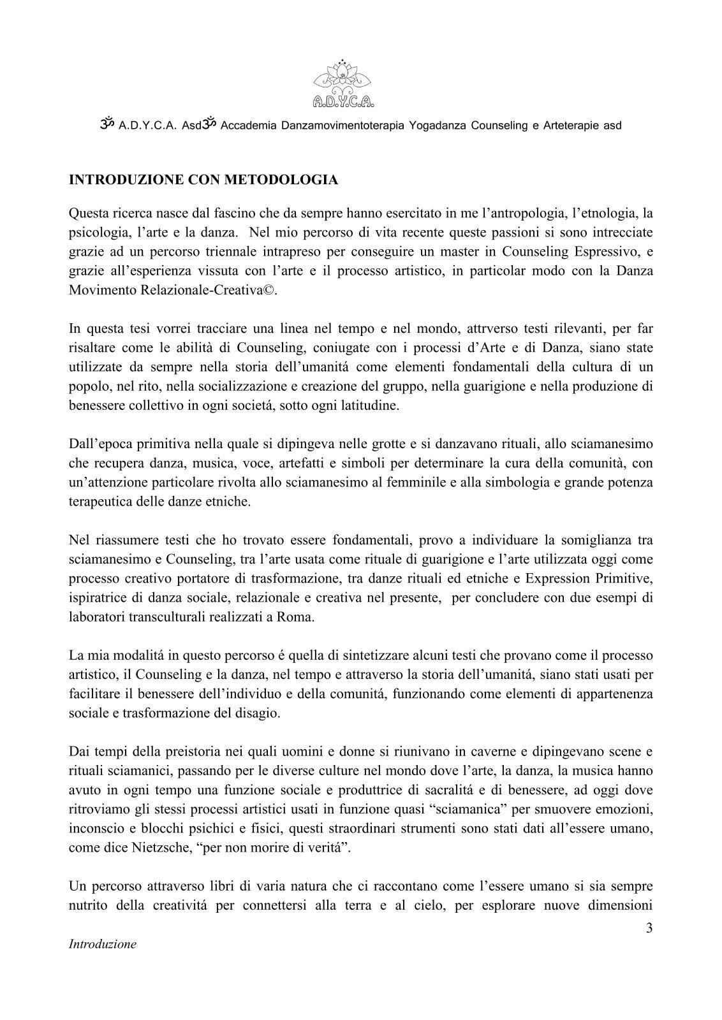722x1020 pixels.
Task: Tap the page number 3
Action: point(649,928)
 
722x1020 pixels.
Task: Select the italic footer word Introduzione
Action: point(102,945)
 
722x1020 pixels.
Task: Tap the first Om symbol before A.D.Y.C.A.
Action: point(107,125)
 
